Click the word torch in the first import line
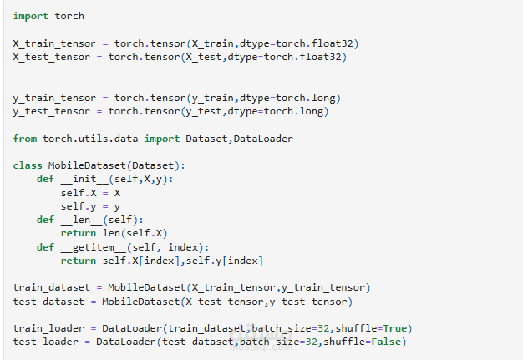pyautogui.click(x=69, y=16)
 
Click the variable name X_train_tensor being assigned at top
pyautogui.click(x=54, y=43)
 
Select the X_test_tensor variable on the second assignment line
pyautogui.click(x=51, y=57)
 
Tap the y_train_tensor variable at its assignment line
pyautogui.click(x=54, y=98)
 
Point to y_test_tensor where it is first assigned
pyautogui.click(x=51, y=111)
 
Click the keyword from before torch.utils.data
pyautogui.click(x=25, y=139)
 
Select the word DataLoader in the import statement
pyautogui.click(x=263, y=139)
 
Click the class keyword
pyautogui.click(x=28, y=165)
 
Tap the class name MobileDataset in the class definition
pyautogui.click(x=87, y=165)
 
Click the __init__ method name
pyautogui.click(x=84, y=180)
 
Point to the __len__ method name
pyautogui.click(x=82, y=220)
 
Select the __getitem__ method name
pyautogui.click(x=94, y=247)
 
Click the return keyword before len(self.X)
pyautogui.click(x=79, y=233)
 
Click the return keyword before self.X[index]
pyautogui.click(x=79, y=261)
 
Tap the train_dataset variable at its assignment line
pyautogui.click(x=51, y=287)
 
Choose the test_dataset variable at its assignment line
pyautogui.click(x=48, y=302)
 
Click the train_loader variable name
pyautogui.click(x=48, y=328)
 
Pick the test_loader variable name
pyautogui.click(x=45, y=342)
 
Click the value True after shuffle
pyautogui.click(x=395, y=328)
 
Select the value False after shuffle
pyautogui.click(x=386, y=342)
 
